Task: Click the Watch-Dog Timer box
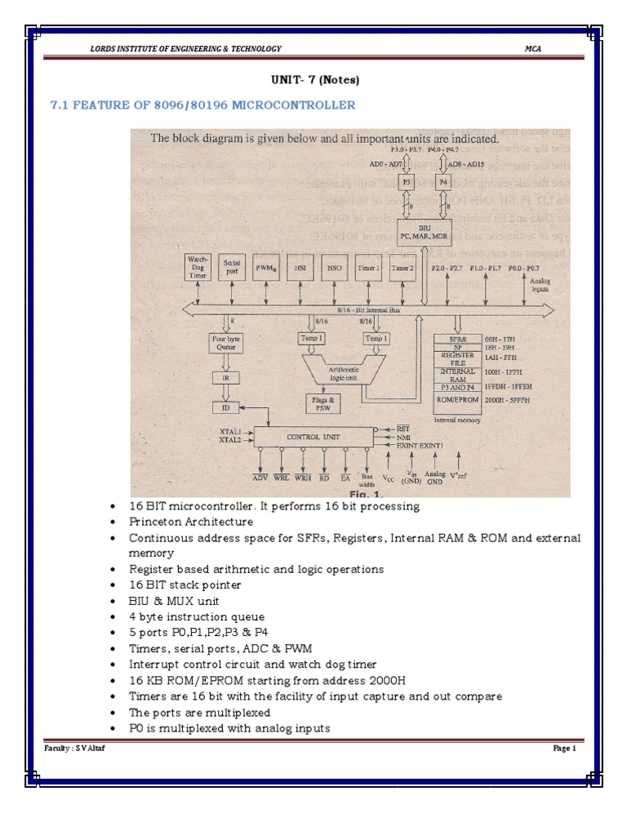click(x=200, y=266)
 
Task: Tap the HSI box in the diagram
click(x=300, y=266)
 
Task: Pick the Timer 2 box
click(x=402, y=266)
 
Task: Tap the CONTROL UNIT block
click(x=313, y=436)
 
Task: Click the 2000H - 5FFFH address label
click(x=511, y=401)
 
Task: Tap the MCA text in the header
click(x=533, y=49)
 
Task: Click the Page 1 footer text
click(x=564, y=748)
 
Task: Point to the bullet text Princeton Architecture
click(x=191, y=522)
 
